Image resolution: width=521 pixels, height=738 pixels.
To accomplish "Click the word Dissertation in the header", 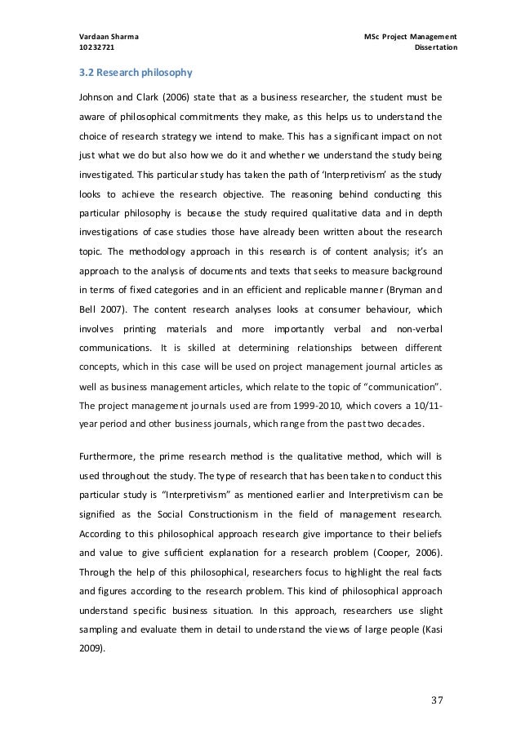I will point(436,49).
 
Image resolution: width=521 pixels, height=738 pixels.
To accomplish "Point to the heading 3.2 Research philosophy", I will point(125,72).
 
